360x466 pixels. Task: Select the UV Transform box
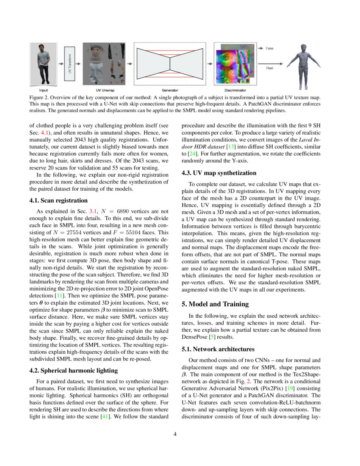(x=70, y=64)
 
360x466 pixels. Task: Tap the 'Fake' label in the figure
(x=269, y=49)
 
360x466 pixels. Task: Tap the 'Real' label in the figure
(x=269, y=68)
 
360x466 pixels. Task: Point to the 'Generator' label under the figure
(x=169, y=90)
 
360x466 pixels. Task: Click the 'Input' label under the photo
(x=43, y=90)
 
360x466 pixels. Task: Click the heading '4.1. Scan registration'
(x=58, y=200)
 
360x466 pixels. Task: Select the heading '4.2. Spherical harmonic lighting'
(x=73, y=370)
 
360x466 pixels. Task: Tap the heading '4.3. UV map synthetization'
(x=219, y=173)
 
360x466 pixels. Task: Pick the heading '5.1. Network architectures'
(x=218, y=349)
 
